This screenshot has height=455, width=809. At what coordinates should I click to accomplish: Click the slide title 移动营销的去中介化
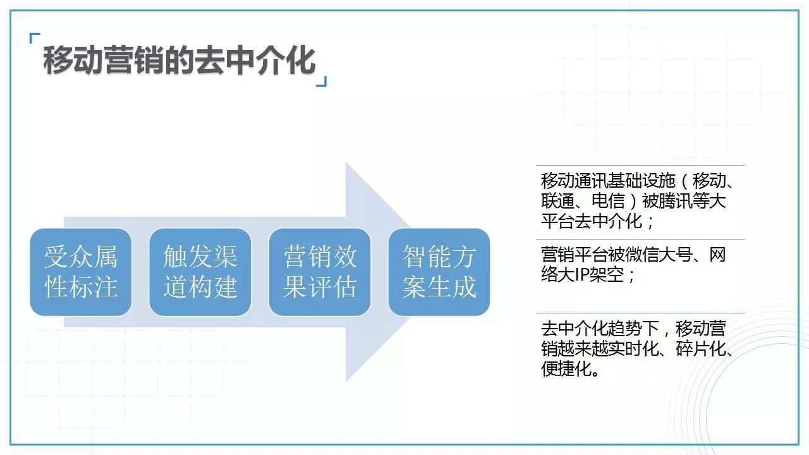pos(179,61)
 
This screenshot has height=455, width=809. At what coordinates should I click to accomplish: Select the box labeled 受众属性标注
pos(81,272)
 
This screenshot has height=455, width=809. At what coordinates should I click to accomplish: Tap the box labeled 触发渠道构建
pos(200,272)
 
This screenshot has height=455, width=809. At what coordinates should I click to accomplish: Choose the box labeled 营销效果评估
pos(320,272)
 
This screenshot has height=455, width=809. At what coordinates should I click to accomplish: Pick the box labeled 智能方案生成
pos(439,272)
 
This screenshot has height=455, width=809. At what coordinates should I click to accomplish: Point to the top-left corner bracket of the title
pos(34,38)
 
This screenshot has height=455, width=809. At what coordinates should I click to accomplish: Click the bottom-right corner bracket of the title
pos(322,82)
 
